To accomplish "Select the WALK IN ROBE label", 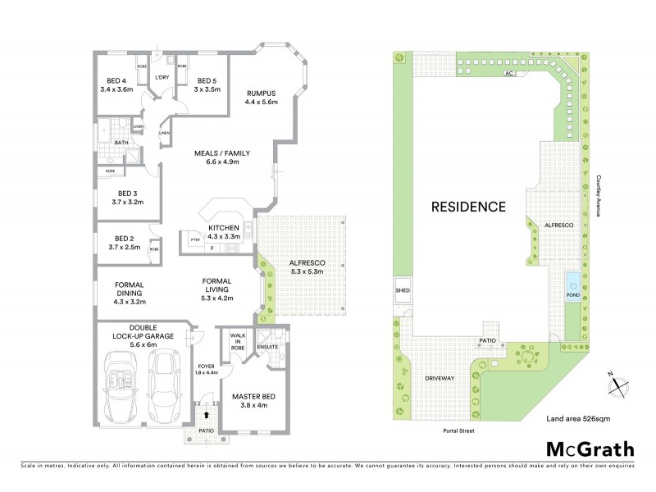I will (238, 339).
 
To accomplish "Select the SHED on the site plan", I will (402, 289).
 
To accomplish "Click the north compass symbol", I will (621, 382).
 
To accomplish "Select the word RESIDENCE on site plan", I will (468, 207).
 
